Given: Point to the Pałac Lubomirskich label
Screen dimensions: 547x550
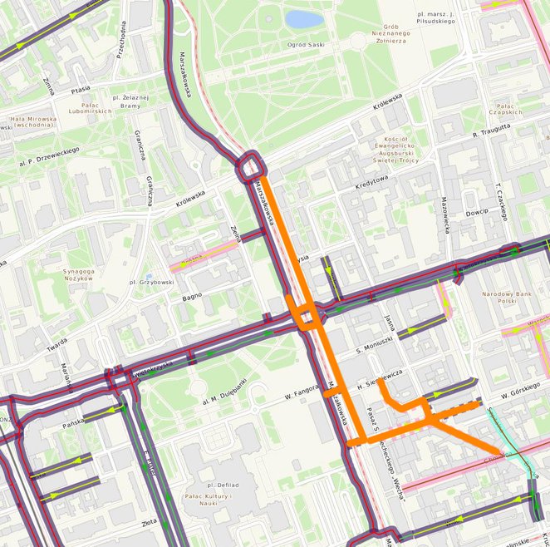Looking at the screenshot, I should tap(81, 106).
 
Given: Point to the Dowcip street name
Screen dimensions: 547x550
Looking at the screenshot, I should tap(477, 212).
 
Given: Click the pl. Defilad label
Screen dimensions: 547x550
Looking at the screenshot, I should tap(214, 484).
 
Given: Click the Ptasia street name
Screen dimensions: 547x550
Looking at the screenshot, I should tap(81, 91).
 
